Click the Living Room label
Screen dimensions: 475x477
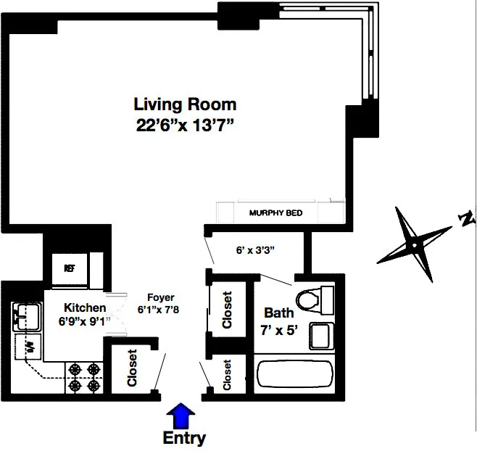(185, 104)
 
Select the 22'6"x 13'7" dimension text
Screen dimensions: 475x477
(185, 125)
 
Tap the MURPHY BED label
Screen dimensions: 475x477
(275, 213)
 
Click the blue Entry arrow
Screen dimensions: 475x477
(181, 418)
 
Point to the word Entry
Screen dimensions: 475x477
(183, 439)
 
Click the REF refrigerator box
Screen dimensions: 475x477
(70, 268)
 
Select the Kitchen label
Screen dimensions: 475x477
(85, 307)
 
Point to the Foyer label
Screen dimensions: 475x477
(160, 297)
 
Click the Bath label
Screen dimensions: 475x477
(278, 313)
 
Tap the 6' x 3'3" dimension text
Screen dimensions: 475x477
(255, 250)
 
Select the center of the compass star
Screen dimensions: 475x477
(414, 245)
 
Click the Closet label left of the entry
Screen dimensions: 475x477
(132, 368)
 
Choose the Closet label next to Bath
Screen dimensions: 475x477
(227, 310)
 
